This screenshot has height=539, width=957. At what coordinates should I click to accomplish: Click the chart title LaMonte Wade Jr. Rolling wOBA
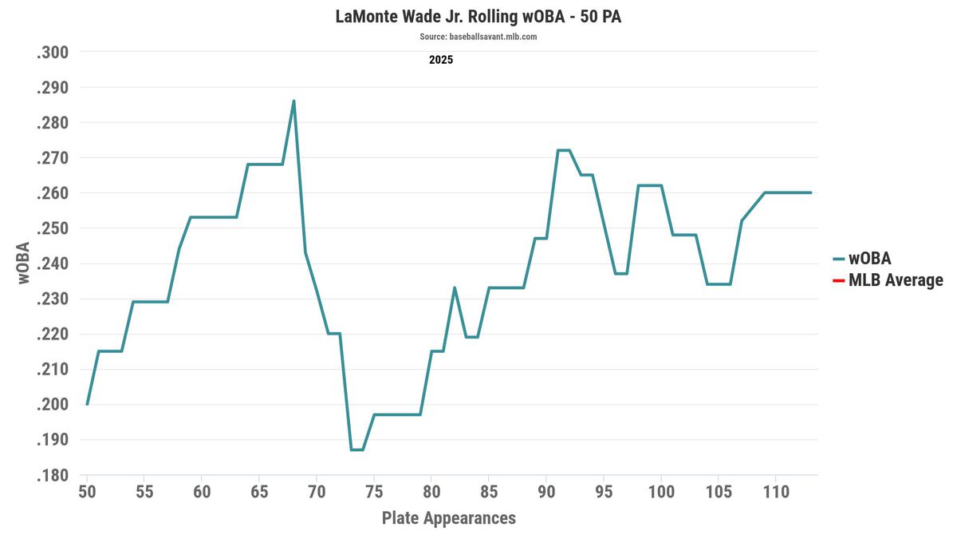(478, 17)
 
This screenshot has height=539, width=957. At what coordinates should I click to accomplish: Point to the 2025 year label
(441, 59)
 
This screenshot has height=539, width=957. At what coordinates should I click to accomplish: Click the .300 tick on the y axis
(53, 53)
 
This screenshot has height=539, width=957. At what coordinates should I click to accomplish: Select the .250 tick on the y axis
(53, 228)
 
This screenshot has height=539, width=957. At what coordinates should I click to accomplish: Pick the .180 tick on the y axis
(53, 476)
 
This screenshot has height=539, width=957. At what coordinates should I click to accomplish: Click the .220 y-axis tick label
(53, 335)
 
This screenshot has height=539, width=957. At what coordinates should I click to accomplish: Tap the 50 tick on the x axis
(87, 491)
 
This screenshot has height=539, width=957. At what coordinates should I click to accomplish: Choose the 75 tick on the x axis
(374, 491)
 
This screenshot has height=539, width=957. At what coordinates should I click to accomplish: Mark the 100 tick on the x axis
(661, 491)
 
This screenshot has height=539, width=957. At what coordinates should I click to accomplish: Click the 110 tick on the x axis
(776, 491)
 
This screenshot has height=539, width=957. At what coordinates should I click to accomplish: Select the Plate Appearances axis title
(448, 517)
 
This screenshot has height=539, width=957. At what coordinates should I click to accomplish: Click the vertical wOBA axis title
(23, 263)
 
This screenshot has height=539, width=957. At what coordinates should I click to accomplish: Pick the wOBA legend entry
(869, 258)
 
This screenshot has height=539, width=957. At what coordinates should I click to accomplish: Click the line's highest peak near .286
(293, 101)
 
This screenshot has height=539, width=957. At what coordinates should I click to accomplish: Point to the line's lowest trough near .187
(356, 450)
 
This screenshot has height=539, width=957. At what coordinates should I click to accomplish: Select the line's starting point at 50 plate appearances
(87, 404)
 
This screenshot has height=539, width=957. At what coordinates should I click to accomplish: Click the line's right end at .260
(810, 192)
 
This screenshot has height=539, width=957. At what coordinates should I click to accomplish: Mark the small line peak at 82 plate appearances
(455, 287)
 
